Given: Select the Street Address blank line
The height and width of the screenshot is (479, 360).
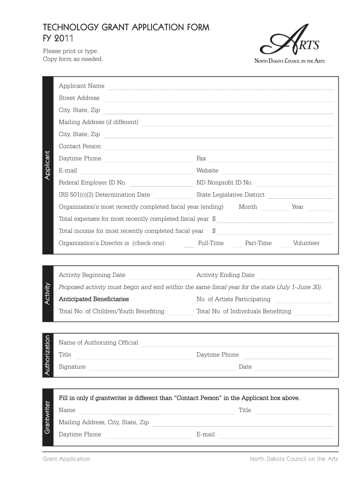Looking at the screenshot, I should pos(218,100).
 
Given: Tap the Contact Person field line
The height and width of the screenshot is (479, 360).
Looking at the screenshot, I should pos(219,148).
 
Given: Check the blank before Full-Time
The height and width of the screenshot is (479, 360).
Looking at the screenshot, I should pos(189,245).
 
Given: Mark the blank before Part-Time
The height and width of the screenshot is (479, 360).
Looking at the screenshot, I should pos(237,245).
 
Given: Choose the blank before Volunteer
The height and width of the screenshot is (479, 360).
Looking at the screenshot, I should pos(285,245).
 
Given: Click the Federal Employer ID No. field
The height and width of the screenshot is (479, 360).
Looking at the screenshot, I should pos(161,185).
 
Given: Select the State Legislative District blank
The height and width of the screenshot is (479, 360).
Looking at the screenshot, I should pos(300,197).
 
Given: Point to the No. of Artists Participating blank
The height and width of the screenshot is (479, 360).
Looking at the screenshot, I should pos(303,301).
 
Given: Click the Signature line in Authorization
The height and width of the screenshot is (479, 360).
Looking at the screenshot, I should pos(162,369).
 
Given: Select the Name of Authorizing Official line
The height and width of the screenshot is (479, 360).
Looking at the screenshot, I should pos(238,345).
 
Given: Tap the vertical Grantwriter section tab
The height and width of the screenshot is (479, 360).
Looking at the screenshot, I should pos(48,417).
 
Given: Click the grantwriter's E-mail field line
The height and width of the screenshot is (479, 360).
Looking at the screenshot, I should pos(276,436).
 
